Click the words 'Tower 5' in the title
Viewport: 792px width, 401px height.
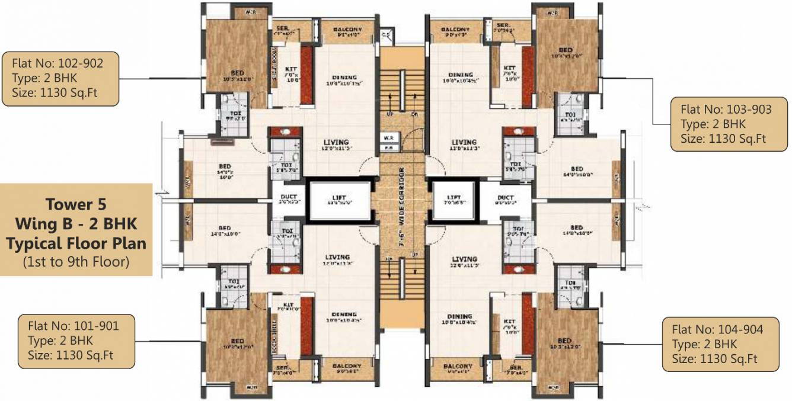[x=76, y=206]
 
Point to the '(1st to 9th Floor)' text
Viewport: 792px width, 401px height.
[x=76, y=261]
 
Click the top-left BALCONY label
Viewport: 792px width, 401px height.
[x=347, y=30]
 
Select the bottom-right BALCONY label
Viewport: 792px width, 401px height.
[x=458, y=367]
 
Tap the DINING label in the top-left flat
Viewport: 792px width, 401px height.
[x=344, y=78]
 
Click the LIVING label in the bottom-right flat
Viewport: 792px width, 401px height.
[x=464, y=259]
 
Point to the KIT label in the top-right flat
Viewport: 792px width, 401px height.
[x=509, y=68]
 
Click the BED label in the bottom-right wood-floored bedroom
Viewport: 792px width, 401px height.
[x=564, y=341]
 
